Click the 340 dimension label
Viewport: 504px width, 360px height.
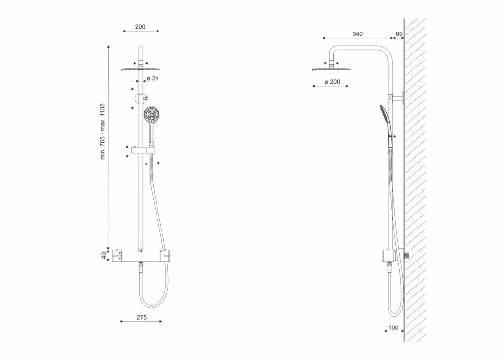(x=357, y=34)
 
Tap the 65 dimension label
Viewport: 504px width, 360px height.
(x=399, y=34)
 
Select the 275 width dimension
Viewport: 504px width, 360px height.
(x=141, y=317)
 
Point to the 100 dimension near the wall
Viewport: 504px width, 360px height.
(x=393, y=328)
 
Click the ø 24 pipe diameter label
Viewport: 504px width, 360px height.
(x=153, y=78)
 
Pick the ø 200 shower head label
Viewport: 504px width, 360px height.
(x=332, y=82)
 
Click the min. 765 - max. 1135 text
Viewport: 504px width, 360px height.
(x=103, y=131)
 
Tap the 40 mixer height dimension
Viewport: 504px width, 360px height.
(x=104, y=255)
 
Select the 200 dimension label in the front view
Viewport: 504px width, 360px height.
(x=140, y=27)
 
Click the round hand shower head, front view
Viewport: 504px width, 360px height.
(x=151, y=114)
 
